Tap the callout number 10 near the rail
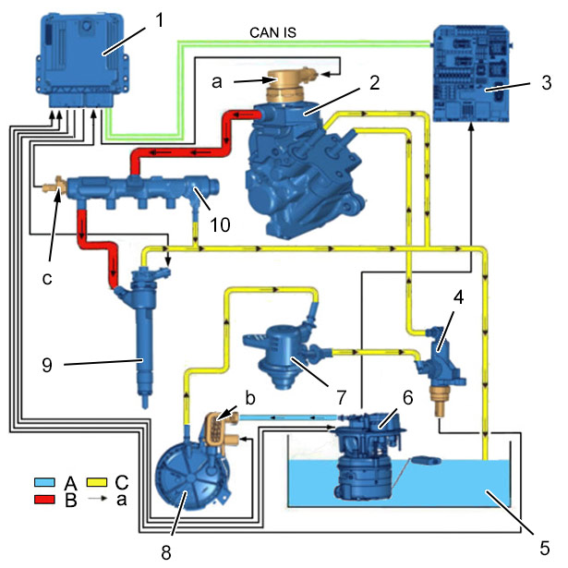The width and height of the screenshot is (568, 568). pyautogui.click(x=220, y=224)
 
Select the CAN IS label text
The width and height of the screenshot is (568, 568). pyautogui.click(x=272, y=32)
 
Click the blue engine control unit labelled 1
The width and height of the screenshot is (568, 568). pyautogui.click(x=82, y=61)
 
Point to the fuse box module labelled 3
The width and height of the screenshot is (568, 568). pyautogui.click(x=472, y=73)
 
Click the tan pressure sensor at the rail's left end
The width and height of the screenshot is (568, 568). pyautogui.click(x=54, y=187)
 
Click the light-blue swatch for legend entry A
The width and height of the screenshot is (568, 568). pyautogui.click(x=44, y=482)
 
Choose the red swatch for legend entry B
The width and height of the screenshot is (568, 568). pyautogui.click(x=44, y=500)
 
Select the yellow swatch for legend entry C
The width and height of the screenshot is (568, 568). pyautogui.click(x=97, y=482)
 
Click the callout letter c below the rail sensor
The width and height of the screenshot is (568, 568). pyautogui.click(x=47, y=279)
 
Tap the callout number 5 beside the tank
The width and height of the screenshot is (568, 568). pyautogui.click(x=545, y=548)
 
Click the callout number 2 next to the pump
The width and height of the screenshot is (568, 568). pyautogui.click(x=375, y=82)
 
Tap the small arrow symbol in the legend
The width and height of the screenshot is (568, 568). pyautogui.click(x=97, y=499)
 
